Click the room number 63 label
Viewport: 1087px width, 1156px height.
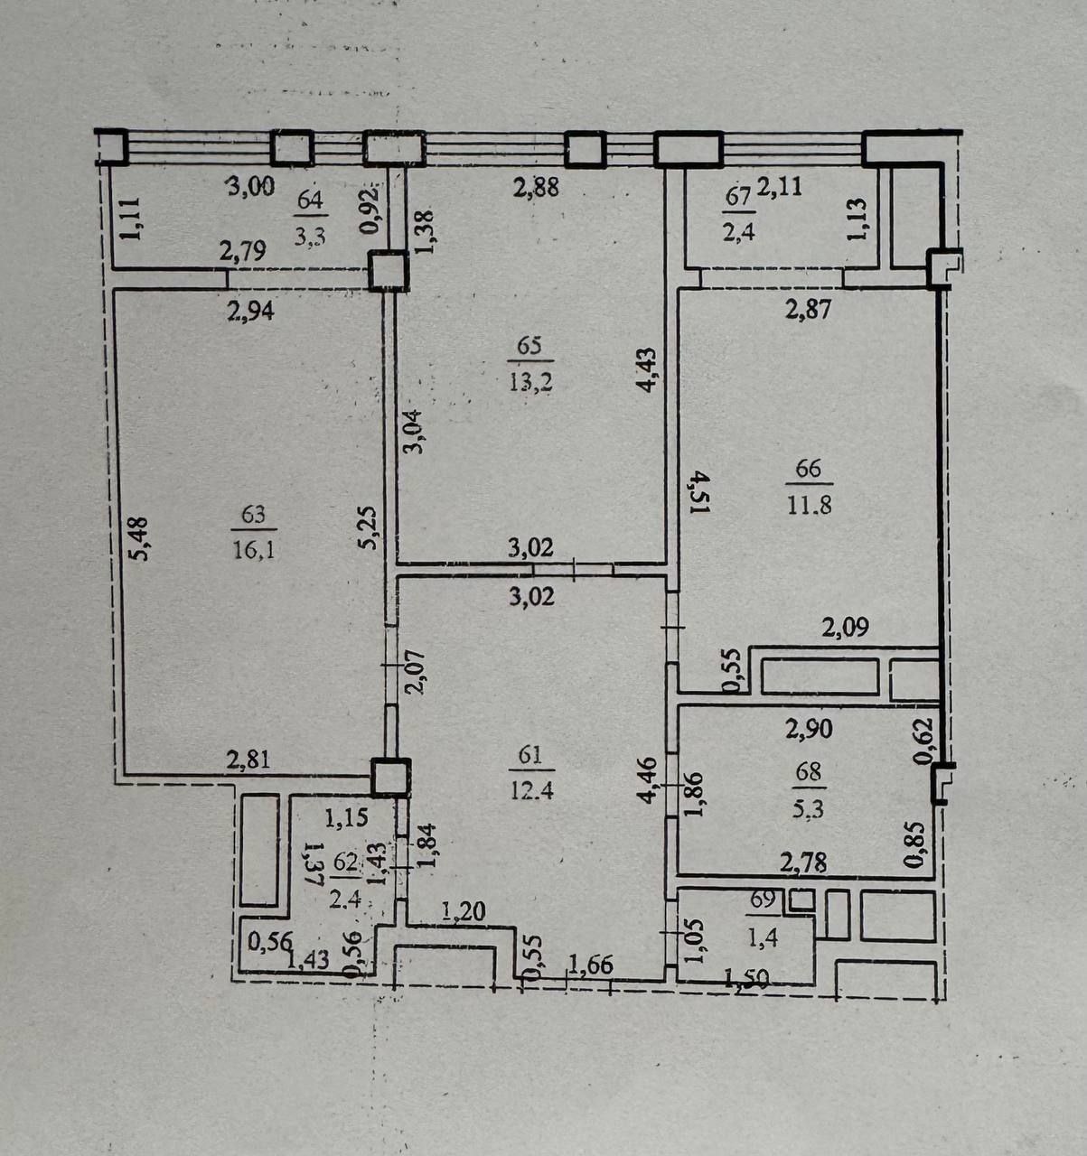253,515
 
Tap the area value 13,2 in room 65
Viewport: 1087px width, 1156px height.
530,382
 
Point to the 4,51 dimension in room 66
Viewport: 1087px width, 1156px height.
699,492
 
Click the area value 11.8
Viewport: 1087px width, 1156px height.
809,504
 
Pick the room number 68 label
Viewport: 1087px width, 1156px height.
809,772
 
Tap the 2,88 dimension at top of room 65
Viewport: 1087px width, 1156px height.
537,188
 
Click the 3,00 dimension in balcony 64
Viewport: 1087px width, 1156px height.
250,188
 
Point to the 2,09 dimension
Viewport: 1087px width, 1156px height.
845,627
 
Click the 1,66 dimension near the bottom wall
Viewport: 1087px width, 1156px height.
591,965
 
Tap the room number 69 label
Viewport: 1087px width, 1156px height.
763,900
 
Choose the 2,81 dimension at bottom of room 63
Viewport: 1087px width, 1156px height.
248,760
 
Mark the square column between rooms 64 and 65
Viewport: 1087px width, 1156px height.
389,271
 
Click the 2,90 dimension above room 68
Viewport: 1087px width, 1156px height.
809,729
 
